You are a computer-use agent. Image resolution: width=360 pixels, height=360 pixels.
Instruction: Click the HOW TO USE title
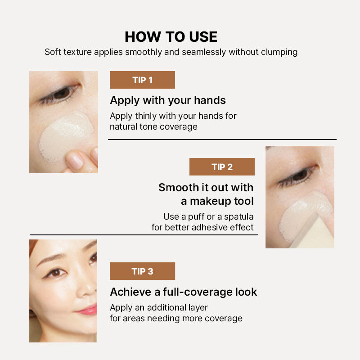171,36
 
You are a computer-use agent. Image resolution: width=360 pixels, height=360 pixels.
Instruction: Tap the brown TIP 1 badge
142,80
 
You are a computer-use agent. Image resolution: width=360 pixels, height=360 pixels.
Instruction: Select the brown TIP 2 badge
222,167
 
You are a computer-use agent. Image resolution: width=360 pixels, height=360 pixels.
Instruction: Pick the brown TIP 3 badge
142,271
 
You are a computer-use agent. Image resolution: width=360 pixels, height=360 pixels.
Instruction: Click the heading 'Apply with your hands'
168,100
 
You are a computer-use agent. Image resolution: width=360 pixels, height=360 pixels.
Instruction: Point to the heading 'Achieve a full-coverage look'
183,292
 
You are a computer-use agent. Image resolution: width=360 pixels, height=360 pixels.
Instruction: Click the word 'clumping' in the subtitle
279,52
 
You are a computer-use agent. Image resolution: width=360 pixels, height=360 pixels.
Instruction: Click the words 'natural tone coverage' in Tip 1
153,127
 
